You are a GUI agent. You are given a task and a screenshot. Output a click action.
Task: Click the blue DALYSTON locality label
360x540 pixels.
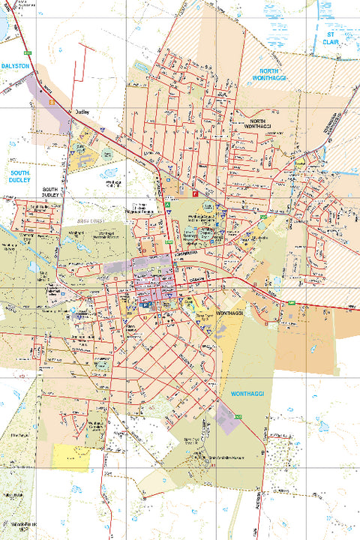coord(15,66)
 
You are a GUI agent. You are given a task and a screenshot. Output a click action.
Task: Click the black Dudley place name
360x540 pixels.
coord(82,113)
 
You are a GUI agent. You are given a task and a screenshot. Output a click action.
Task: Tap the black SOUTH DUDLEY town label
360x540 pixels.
coord(51,192)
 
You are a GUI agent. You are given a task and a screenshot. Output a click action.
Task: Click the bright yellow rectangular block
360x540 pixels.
coord(71,456)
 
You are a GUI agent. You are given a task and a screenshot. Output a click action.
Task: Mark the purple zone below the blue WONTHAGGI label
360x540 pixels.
coord(229,418)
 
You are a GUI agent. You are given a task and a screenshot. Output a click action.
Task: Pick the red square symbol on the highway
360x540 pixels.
coord(195,193)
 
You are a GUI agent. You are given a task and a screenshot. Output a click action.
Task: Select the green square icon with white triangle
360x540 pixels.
coord(169,204)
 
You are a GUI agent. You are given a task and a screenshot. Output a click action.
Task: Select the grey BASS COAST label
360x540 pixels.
coord(91,222)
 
